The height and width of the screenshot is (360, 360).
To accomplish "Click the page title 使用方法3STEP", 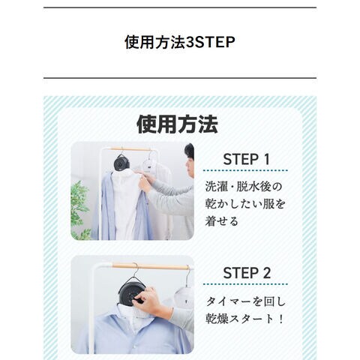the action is (180, 42).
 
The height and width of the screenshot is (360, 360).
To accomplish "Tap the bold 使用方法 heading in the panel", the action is (177, 124).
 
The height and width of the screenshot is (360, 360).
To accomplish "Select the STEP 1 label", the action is (246, 159).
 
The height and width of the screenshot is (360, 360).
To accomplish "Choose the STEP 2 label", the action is (247, 273).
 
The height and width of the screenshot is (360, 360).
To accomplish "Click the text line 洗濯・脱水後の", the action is (244, 187).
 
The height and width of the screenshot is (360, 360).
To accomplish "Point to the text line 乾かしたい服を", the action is (245, 204).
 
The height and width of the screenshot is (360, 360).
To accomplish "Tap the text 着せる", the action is (221, 221).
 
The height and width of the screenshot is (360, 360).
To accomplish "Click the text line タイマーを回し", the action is (246, 301).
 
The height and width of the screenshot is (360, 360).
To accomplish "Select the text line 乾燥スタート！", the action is (245, 319).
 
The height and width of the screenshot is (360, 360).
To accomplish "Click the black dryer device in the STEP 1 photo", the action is (121, 163).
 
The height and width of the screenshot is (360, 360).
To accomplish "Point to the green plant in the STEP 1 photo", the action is (80, 210).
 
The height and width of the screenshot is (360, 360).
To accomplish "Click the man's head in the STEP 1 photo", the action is (190, 160).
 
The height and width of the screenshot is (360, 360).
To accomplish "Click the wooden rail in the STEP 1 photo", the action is (130, 149).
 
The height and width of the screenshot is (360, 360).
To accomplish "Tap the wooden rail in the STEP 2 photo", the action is (150, 266).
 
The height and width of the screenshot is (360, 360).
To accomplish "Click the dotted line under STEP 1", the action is (245, 170).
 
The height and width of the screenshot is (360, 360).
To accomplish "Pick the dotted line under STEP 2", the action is (245, 284).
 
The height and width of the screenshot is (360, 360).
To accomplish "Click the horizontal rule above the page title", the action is (180, 7).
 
